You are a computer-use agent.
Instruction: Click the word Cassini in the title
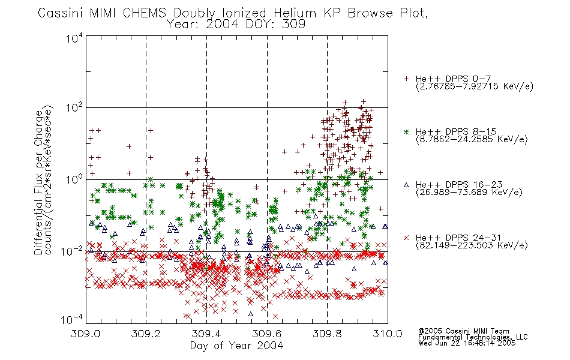[61, 13]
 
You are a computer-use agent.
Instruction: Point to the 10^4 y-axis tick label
[74, 38]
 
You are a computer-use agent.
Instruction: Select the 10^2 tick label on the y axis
[74, 107]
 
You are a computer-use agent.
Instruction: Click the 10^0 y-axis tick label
[74, 179]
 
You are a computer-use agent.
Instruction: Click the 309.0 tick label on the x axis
[86, 334]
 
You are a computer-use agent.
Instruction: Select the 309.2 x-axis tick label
[146, 334]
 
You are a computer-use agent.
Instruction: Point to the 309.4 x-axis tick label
[206, 334]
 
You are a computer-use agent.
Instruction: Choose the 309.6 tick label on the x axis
[267, 334]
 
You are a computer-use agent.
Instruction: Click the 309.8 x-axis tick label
[327, 334]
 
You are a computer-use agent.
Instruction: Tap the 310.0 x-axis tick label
[388, 334]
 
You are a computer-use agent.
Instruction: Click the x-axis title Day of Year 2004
[236, 346]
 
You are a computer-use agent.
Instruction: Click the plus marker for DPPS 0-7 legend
[406, 79]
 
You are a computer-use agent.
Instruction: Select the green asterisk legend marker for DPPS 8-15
[406, 131]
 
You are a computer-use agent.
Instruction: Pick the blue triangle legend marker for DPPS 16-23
[406, 185]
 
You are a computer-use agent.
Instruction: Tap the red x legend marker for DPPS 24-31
[406, 238]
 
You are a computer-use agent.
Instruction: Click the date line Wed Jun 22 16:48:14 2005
[467, 343]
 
